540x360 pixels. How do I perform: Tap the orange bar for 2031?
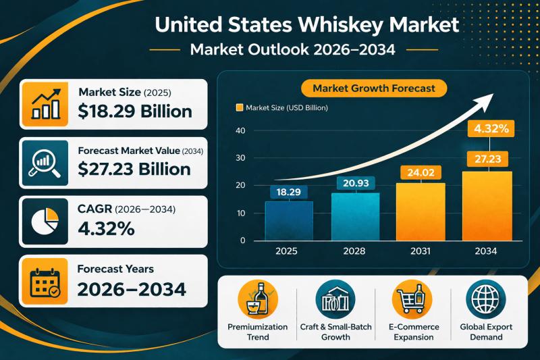pos(421,211)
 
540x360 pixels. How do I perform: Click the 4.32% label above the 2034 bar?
pos(486,128)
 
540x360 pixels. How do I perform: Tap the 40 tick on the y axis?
pos(241,130)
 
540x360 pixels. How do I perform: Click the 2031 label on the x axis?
pos(421,251)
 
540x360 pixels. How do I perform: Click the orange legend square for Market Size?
pos(238,107)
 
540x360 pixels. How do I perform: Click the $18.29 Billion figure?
pos(135,112)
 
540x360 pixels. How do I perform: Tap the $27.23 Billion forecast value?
pos(134,169)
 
